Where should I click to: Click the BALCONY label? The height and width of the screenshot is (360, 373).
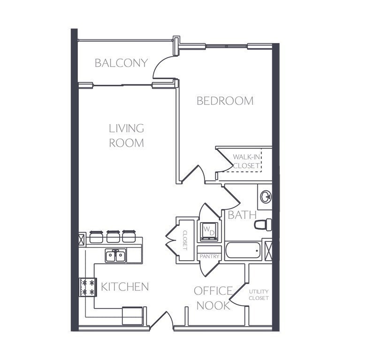(x=121, y=63)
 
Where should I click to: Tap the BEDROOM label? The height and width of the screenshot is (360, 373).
(x=225, y=101)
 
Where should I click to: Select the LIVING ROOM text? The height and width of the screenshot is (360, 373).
(x=126, y=135)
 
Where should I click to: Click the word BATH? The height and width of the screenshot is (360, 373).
(x=242, y=215)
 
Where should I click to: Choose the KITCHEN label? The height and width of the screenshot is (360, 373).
(x=125, y=286)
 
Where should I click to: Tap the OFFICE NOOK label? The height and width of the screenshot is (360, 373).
(x=213, y=298)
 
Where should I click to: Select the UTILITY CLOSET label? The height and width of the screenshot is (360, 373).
(x=259, y=295)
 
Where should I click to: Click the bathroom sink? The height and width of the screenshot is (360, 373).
(x=266, y=196)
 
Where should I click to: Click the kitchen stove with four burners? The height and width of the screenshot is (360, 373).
(x=88, y=287)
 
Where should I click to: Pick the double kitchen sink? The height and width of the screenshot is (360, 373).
(x=115, y=255)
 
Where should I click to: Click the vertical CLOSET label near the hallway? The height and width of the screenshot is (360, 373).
(x=185, y=240)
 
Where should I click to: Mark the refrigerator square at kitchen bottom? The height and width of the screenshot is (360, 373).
(x=132, y=315)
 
